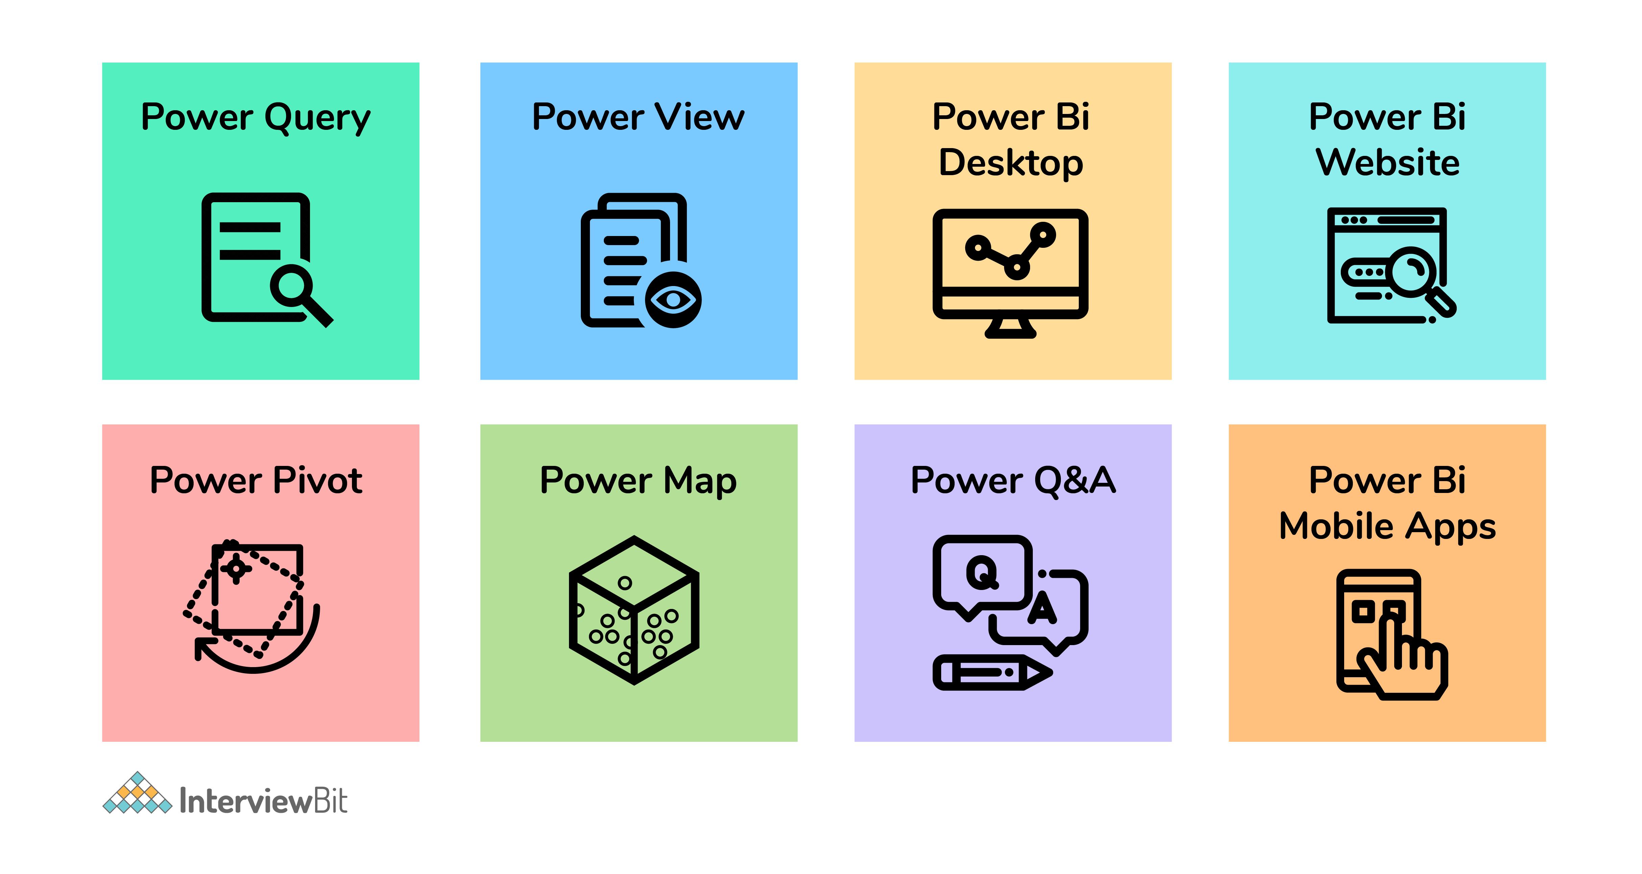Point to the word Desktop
[x=1011, y=163]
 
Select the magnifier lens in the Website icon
[x=1413, y=270]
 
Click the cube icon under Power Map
[x=634, y=610]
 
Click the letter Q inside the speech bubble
[x=982, y=572]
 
